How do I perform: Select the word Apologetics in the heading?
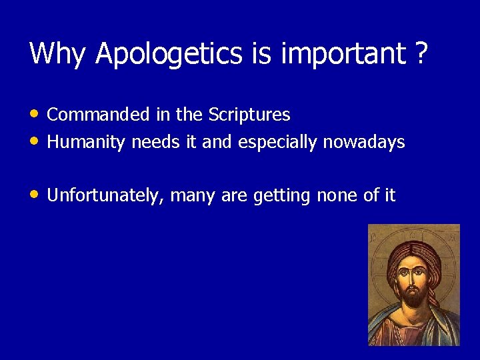170,55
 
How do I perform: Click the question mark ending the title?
421,53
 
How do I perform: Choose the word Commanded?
99,115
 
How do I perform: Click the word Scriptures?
249,115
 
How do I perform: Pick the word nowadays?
364,143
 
